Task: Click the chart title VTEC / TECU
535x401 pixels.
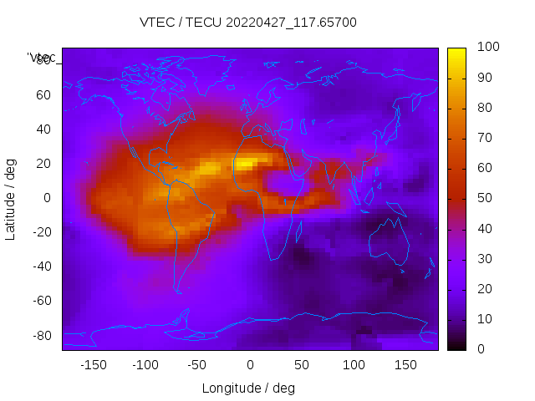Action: pos(248,23)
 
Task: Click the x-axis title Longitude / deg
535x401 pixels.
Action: pos(248,388)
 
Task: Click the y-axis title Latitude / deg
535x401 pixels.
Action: pos(11,198)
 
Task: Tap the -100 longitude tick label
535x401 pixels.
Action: pos(145,364)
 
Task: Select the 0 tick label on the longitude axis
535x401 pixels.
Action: pos(249,364)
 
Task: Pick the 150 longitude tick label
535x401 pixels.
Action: pos(405,364)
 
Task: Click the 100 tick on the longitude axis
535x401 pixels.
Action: pos(354,364)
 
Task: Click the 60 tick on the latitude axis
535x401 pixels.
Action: pos(43,95)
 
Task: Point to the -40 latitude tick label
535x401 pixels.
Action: pos(41,266)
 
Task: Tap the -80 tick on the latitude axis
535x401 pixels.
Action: pos(41,335)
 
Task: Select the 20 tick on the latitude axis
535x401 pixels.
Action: pos(43,164)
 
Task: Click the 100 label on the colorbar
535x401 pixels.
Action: pos(487,48)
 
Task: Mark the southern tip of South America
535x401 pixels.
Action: pos(178,291)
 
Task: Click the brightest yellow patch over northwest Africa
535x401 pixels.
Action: pos(245,164)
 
